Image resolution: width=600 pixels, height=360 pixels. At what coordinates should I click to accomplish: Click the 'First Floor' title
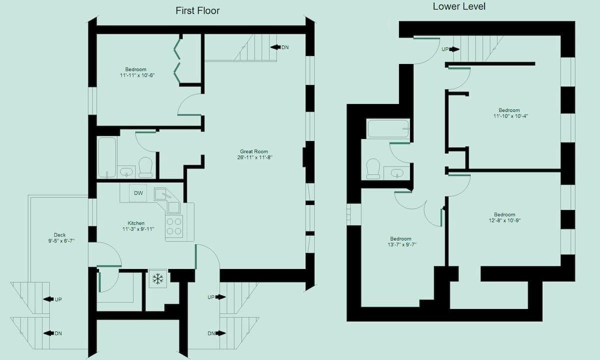click(x=197, y=10)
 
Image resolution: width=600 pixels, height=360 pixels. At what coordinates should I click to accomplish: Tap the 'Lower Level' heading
click(x=459, y=6)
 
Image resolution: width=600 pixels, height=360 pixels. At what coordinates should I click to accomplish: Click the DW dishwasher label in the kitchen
click(x=138, y=193)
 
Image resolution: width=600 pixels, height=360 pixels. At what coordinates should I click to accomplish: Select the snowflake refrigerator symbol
click(x=158, y=278)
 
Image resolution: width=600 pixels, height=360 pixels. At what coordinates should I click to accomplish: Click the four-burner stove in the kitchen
click(x=174, y=226)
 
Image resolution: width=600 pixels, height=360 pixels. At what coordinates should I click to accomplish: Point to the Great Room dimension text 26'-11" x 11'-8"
click(x=254, y=157)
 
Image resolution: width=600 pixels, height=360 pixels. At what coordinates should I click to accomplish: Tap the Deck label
click(x=59, y=235)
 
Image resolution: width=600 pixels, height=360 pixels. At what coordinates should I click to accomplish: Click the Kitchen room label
click(x=136, y=223)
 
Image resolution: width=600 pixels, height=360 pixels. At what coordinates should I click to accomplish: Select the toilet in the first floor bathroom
click(x=145, y=167)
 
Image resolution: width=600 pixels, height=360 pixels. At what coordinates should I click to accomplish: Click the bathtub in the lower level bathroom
click(x=388, y=128)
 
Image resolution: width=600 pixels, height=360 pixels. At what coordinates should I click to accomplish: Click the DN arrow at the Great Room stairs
click(x=275, y=47)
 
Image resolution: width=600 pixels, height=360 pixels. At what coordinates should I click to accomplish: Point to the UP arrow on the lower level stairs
click(x=454, y=49)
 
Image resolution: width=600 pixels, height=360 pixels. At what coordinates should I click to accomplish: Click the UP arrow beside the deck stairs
click(x=48, y=299)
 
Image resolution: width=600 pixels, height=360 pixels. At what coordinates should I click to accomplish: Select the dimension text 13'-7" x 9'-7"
click(x=402, y=244)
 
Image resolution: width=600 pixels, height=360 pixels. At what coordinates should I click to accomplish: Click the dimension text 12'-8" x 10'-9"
click(x=504, y=220)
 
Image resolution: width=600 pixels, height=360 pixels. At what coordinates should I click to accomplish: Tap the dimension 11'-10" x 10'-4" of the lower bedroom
click(x=510, y=116)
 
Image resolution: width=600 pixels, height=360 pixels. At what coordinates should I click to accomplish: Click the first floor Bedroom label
click(x=136, y=69)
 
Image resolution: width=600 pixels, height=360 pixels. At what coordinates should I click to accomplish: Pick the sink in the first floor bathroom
click(x=126, y=171)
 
